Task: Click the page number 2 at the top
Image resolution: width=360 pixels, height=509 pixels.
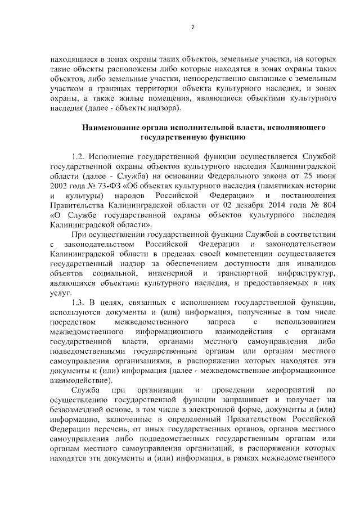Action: coord(192,28)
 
